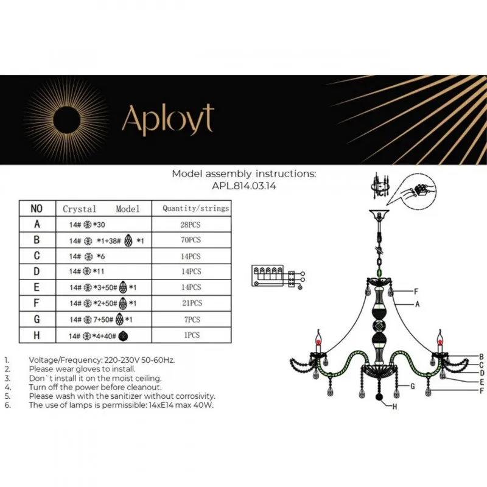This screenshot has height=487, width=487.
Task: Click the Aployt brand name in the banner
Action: click(x=168, y=119)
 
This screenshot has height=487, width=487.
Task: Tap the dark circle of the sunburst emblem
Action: click(x=67, y=120)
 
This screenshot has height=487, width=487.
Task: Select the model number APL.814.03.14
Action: click(x=244, y=186)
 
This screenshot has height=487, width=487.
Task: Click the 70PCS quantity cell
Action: click(x=191, y=240)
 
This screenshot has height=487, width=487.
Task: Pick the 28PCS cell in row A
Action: click(x=191, y=225)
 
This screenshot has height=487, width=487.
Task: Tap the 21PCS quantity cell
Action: click(x=192, y=303)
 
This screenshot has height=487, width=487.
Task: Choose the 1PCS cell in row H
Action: click(x=192, y=335)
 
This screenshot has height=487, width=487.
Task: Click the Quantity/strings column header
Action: click(x=195, y=208)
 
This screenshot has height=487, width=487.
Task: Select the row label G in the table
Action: click(x=37, y=319)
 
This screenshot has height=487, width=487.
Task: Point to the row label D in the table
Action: click(x=37, y=272)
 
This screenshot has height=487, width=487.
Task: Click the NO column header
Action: click(x=37, y=208)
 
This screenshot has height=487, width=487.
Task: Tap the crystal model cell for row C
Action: click(x=87, y=256)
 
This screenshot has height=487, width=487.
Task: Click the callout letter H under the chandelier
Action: click(x=394, y=407)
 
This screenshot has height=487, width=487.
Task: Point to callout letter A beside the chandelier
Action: click(x=418, y=304)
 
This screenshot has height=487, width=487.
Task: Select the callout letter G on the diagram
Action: click(x=413, y=387)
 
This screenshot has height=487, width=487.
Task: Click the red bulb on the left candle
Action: click(x=318, y=342)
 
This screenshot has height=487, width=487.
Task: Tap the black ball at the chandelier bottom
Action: click(x=379, y=397)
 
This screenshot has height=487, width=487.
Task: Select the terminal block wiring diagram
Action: click(x=278, y=276)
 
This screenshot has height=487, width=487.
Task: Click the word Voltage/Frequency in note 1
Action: click(x=65, y=360)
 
